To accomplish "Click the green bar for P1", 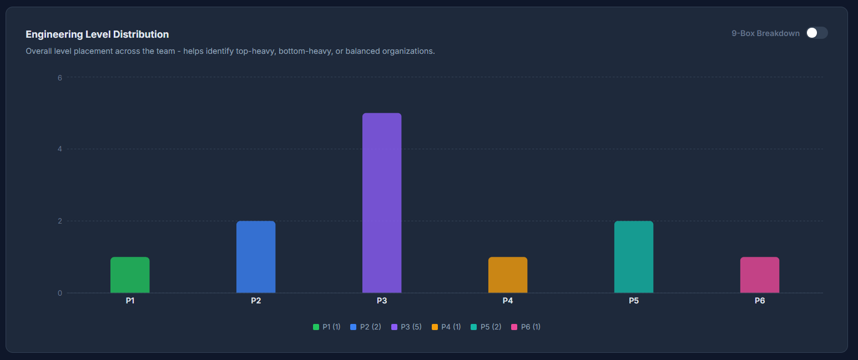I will [130, 275].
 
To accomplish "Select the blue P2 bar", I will [256, 257].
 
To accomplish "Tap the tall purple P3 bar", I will [382, 203].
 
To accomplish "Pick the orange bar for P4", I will [508, 275].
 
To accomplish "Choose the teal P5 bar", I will [634, 257].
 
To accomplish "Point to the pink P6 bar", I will [760, 275].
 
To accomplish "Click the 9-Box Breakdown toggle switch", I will [816, 33].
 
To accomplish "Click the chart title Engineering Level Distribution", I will [97, 34].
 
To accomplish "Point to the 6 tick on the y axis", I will [60, 77].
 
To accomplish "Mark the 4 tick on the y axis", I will [60, 149].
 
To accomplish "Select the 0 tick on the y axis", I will [60, 293].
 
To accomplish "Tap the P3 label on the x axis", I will [382, 301].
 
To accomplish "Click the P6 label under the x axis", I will [760, 301].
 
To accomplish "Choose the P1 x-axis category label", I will [130, 301].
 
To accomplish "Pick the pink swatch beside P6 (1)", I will [514, 327].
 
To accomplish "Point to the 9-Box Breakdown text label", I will [765, 33].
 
